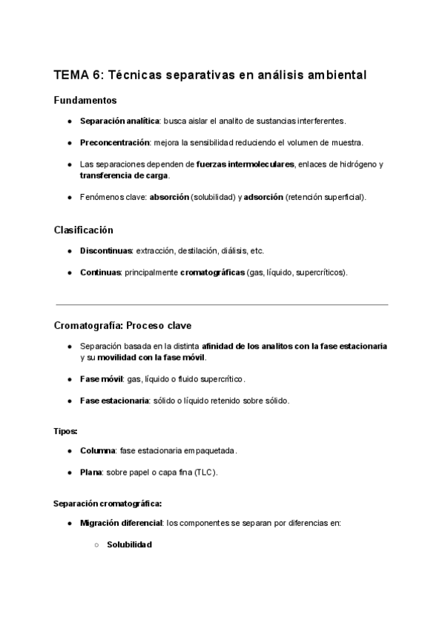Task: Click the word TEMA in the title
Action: tap(70, 76)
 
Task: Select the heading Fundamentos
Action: tap(85, 100)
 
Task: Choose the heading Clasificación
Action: tap(84, 230)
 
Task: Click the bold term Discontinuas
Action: tap(106, 251)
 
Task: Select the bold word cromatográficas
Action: tap(212, 272)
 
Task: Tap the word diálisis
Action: tap(234, 251)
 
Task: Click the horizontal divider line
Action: tap(221, 304)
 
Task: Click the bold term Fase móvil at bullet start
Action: tap(102, 379)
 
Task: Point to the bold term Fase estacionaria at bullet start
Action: tap(115, 401)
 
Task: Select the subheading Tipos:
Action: tap(66, 430)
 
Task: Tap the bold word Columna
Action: tap(97, 450)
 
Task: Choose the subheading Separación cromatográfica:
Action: tap(108, 503)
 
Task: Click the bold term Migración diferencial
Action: tap(122, 524)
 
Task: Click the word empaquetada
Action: tap(211, 450)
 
